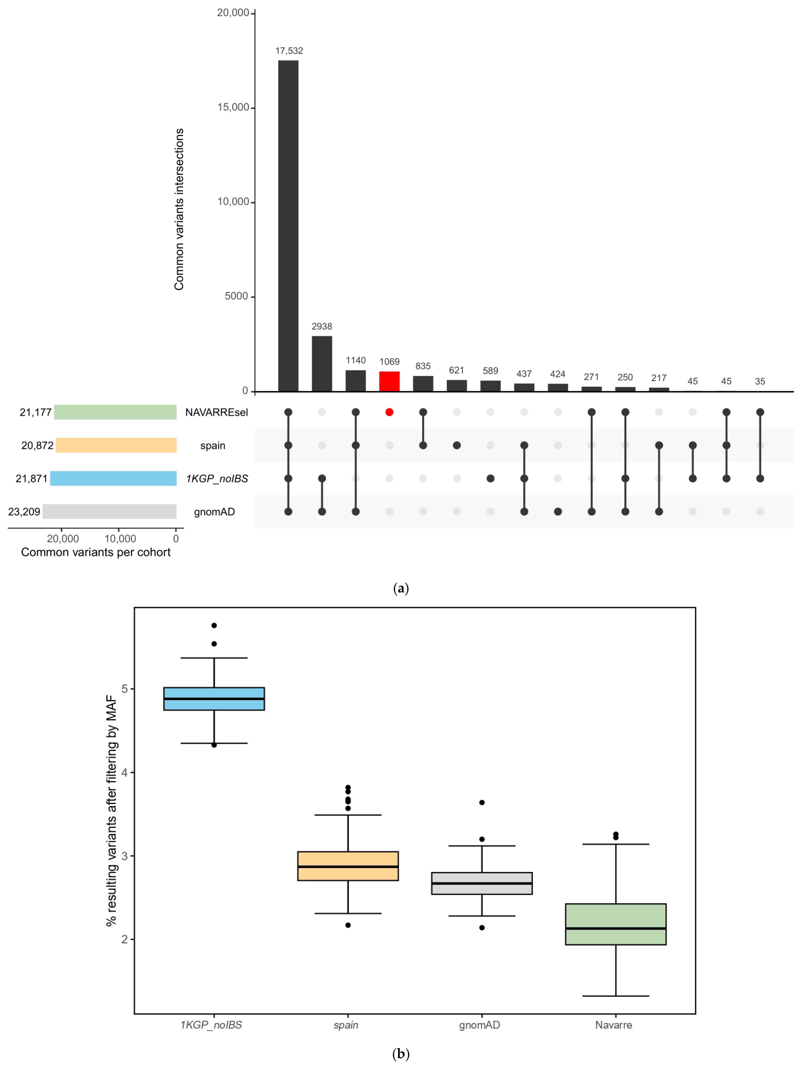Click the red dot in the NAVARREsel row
389,412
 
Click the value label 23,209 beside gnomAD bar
24,512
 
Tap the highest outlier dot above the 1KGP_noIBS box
214,625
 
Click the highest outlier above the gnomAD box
482,802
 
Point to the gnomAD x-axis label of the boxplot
480,1025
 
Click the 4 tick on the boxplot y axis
125,772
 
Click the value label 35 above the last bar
760,382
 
